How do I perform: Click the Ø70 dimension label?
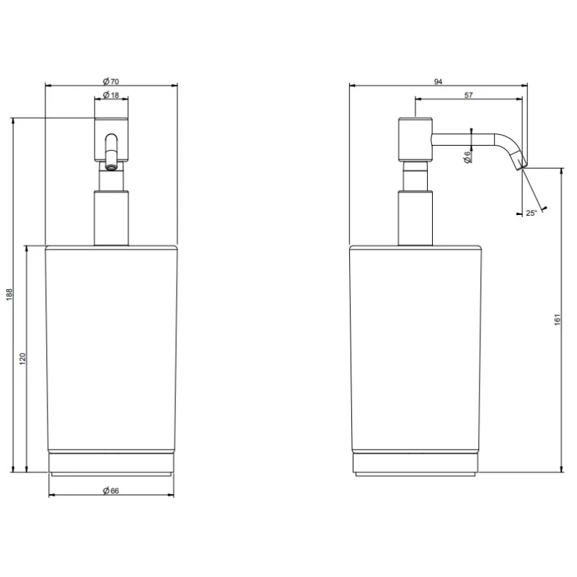coord(111,82)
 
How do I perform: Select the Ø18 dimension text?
coord(111,95)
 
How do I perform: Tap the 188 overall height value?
coord(9,294)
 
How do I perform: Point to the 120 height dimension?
coord(23,358)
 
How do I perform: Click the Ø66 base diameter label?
coord(111,490)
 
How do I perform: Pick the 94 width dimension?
coord(438,82)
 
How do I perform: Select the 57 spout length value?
coord(468,95)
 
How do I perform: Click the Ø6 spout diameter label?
coord(467,157)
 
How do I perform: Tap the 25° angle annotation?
coord(531,213)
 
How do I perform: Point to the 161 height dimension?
coord(557,320)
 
